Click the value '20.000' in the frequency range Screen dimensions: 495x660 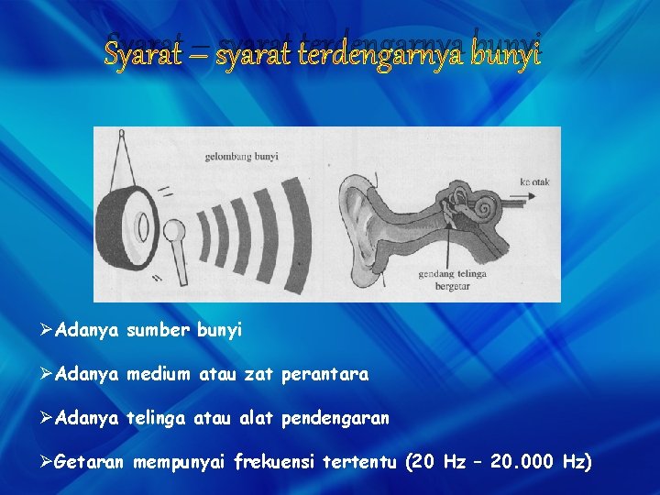click(522, 462)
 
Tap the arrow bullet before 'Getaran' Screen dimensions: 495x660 click(47, 462)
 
